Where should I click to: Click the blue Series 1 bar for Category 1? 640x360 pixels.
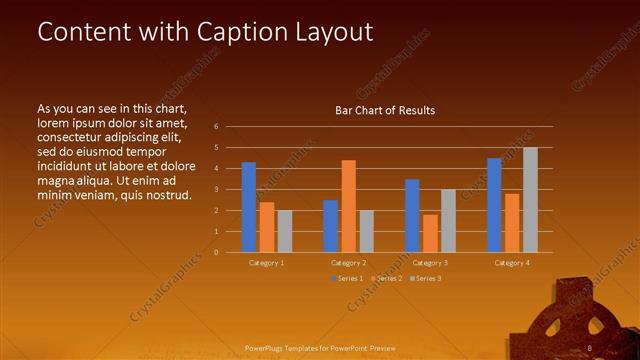[249, 207]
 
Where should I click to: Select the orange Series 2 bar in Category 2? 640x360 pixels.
[349, 206]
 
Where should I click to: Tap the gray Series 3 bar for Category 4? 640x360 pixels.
[530, 200]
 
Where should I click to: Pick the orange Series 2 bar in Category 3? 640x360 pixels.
[430, 233]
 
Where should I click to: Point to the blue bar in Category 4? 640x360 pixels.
[494, 205]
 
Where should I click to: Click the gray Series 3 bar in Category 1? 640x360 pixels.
[285, 231]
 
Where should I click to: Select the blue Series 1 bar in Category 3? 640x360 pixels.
[412, 215]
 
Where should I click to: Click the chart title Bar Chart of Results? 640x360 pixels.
[384, 111]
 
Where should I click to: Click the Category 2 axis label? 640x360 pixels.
[348, 263]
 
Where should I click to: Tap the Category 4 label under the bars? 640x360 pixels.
[512, 263]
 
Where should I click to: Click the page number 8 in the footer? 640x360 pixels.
[590, 348]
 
